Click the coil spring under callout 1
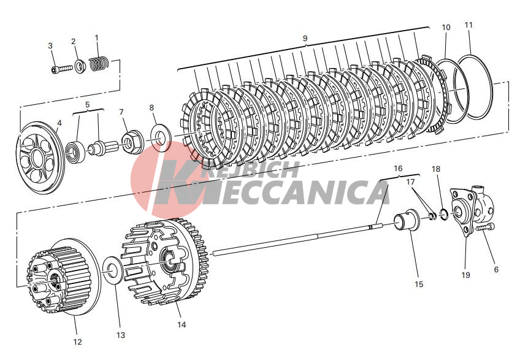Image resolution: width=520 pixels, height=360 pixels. click(99, 64)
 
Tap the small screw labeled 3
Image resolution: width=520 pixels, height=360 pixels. click(62, 69)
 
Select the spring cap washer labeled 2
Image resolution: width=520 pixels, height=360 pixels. click(80, 66)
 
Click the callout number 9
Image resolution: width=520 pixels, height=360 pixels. click(305, 39)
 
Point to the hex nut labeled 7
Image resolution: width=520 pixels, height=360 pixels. click(132, 142)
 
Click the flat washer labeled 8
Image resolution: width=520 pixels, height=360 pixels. click(161, 137)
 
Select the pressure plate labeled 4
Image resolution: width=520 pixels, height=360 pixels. click(40, 158)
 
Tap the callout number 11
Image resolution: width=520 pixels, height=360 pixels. click(468, 25)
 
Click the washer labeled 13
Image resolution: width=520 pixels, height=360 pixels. click(113, 270)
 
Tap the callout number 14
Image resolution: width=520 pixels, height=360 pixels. click(182, 324)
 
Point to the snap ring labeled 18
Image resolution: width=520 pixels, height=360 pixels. click(444, 214)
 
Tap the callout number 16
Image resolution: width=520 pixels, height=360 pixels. click(398, 169)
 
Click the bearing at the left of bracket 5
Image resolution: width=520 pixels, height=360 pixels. click(75, 152)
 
